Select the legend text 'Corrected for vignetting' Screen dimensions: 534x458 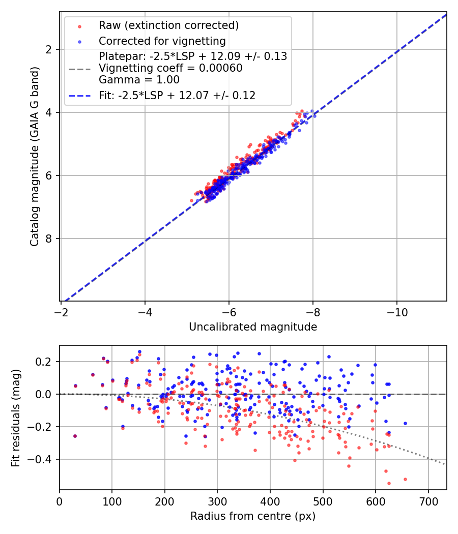coord(162,41)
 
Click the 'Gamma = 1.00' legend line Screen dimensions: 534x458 coord(139,80)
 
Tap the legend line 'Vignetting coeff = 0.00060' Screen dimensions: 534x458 coord(170,68)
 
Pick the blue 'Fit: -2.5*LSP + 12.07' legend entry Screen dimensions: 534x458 coord(177,95)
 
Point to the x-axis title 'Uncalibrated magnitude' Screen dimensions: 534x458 coord(253,327)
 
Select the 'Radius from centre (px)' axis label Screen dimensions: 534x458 coord(253,516)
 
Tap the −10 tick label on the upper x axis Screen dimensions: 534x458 coord(397,312)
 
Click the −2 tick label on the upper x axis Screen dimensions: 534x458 coord(61,312)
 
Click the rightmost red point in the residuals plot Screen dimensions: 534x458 coord(405,479)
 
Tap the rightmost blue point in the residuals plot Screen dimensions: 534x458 coord(405,423)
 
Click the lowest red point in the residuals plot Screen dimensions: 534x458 coord(389,483)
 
